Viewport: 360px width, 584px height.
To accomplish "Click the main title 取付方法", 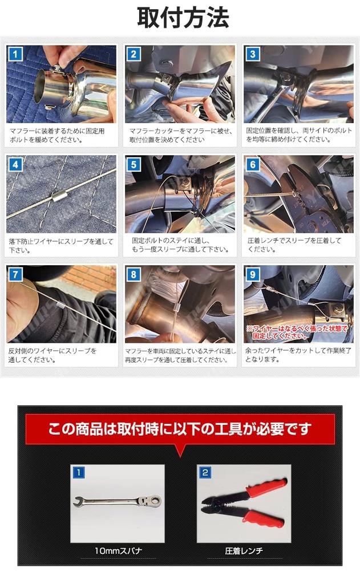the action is pyautogui.click(x=183, y=18).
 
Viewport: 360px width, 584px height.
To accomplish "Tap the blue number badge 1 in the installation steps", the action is pyautogui.click(x=15, y=54).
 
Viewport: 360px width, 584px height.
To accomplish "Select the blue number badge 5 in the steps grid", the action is pyautogui.click(x=134, y=165).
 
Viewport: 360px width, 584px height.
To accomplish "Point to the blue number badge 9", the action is pyautogui.click(x=252, y=275).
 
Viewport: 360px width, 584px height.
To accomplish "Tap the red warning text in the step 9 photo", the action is pyautogui.click(x=297, y=332).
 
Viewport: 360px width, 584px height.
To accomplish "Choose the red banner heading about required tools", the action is pyautogui.click(x=180, y=429).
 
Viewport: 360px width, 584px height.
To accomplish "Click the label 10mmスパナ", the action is pyautogui.click(x=118, y=550).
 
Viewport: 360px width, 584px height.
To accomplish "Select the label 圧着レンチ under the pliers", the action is pyautogui.click(x=244, y=550).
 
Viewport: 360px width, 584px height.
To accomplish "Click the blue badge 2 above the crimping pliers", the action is pyautogui.click(x=205, y=473).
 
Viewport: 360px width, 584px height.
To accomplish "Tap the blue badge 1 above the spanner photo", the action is pyautogui.click(x=78, y=473).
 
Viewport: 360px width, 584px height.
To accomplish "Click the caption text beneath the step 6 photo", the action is pyautogui.click(x=294, y=245).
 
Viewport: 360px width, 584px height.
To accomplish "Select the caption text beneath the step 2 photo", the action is pyautogui.click(x=181, y=135).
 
